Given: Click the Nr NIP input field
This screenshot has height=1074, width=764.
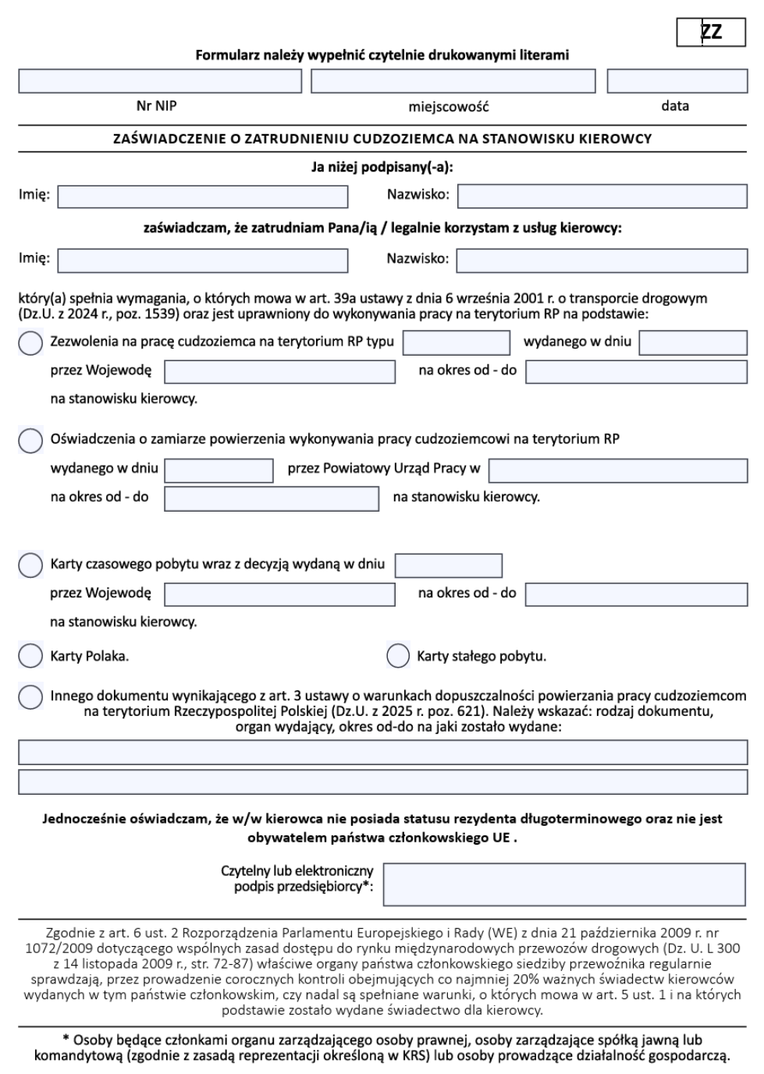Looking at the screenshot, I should coord(160,81).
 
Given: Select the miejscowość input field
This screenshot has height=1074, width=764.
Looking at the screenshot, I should coord(453,81).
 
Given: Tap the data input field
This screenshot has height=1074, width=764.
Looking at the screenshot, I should coord(677,81).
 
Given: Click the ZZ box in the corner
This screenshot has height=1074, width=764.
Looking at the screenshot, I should coord(711,32).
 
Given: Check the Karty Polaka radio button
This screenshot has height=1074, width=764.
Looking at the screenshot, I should coord(30,656).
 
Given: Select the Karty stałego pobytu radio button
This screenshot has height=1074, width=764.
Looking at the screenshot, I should coord(398,656).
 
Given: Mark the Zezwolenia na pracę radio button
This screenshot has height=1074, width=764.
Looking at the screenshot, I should coord(30,342).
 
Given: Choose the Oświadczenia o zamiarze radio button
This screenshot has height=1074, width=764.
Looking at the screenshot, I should coord(30,440).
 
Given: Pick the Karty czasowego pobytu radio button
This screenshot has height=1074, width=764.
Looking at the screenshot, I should coord(30,565).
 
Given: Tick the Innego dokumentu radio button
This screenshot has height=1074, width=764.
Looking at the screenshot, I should coord(30,697).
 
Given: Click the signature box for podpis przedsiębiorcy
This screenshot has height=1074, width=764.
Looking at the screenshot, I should coord(565,884).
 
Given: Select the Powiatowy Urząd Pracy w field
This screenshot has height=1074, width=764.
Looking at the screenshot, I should coord(617,470).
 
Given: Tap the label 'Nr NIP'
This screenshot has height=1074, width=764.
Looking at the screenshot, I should coord(156,105).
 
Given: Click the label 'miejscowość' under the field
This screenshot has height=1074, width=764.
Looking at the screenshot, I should coord(449,106).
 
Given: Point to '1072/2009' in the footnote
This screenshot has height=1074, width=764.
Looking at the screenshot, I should coord(52,948).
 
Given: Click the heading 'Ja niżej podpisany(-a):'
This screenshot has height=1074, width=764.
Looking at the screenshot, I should coord(382,167).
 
